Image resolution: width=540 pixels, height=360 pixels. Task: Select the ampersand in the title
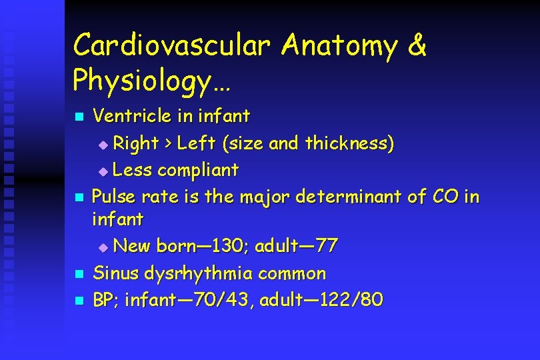[x=415, y=46]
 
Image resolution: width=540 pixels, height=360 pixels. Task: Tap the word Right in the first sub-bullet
[x=136, y=143]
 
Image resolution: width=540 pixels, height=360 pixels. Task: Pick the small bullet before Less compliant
[x=103, y=171]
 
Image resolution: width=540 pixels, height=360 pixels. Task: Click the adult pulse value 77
[x=327, y=246]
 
